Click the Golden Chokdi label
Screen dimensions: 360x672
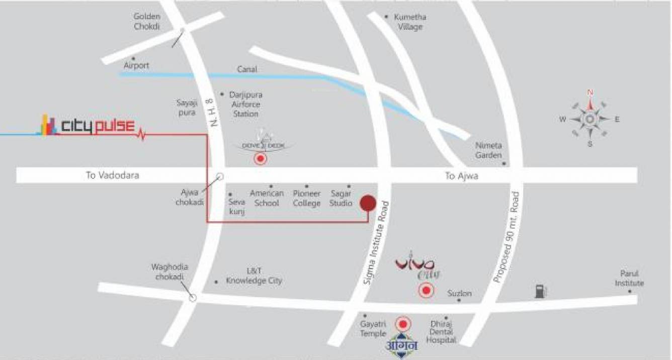coord(146,22)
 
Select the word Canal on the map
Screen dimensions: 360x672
coord(246,69)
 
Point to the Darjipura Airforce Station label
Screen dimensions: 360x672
coord(245,104)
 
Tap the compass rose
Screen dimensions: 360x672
coord(589,119)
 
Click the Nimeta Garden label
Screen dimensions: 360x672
coord(489,150)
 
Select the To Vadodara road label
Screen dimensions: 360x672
coord(112,175)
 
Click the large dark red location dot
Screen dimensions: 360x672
coord(368,203)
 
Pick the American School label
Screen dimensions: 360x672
coord(267,198)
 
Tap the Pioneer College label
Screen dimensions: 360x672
coord(306,198)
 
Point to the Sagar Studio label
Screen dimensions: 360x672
coord(341,198)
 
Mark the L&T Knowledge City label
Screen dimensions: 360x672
coord(254,276)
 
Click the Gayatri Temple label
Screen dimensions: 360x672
coord(373,329)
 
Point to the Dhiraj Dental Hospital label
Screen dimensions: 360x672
coord(441,332)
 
